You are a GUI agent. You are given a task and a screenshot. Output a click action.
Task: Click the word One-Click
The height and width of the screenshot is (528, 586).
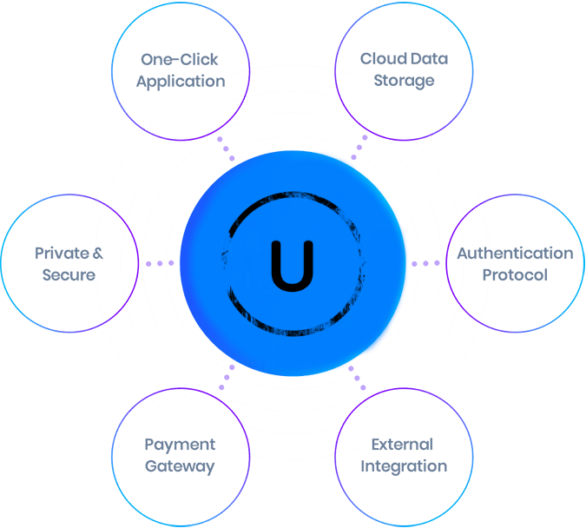(x=180, y=60)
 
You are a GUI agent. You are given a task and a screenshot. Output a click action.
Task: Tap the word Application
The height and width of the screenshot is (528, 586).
(x=180, y=82)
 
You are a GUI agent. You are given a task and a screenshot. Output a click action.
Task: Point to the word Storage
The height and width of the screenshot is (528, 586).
(x=405, y=82)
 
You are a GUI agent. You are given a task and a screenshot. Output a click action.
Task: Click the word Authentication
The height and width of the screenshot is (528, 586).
(x=515, y=254)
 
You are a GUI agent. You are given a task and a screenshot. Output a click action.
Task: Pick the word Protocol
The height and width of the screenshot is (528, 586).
(x=515, y=275)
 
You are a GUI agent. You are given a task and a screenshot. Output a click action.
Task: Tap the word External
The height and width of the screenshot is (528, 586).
(x=402, y=445)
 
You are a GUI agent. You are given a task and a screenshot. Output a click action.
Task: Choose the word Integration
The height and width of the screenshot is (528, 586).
(x=404, y=466)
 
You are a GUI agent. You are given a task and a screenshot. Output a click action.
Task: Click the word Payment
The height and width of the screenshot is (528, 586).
(x=179, y=445)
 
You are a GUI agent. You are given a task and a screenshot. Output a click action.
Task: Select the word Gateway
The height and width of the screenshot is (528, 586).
(x=180, y=466)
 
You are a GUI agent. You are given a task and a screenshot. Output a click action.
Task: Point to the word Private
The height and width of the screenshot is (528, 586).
(x=62, y=254)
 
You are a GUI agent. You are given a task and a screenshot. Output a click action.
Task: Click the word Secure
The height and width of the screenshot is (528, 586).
(x=69, y=275)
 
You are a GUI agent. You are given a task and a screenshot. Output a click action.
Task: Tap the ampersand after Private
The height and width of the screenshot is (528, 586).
(x=98, y=254)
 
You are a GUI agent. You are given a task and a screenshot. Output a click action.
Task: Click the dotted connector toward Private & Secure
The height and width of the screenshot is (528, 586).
(x=160, y=262)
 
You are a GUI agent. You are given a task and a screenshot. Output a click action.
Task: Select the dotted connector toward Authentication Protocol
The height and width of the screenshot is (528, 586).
(x=425, y=262)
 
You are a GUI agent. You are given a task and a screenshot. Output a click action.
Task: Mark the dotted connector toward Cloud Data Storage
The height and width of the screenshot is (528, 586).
(x=359, y=148)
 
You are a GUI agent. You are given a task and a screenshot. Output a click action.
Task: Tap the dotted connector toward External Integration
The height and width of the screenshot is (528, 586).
(x=358, y=378)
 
